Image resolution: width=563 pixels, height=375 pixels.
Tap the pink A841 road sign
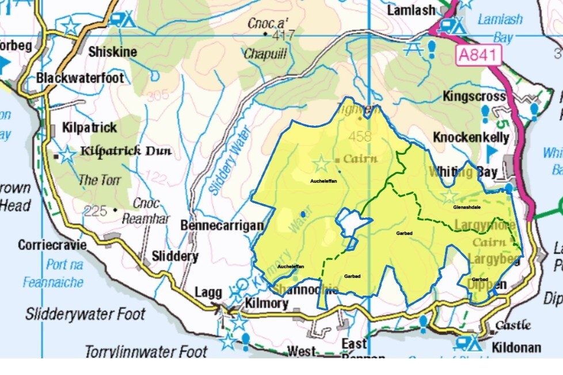480,55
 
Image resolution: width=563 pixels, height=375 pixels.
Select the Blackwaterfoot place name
79,78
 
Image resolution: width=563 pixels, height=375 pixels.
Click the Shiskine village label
113,52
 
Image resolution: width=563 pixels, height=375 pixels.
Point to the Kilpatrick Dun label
126,152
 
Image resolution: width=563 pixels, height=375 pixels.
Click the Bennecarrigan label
222,225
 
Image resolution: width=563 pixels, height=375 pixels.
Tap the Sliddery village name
175,256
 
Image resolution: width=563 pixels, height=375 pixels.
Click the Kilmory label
265,303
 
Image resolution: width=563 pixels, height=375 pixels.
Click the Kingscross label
474,96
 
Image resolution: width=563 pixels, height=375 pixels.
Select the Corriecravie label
52,245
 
